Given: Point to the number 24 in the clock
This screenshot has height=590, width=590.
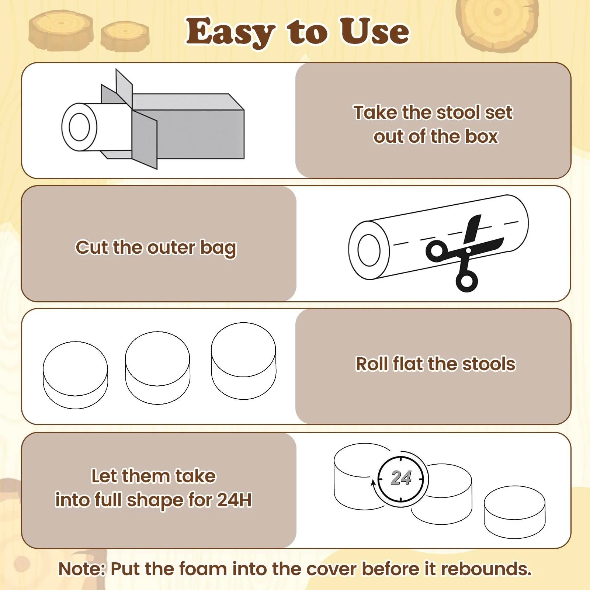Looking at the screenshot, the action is coord(401,478).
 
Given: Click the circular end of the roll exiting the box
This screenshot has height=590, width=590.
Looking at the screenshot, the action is coord(79,127).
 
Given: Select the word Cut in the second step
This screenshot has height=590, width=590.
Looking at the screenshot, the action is coord(92,247).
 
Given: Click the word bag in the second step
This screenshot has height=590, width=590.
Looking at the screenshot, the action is coord(218,249).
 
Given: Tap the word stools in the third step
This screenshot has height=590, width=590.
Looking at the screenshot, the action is coord(489,364).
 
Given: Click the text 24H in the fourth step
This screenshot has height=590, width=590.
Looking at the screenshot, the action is coord(235,500).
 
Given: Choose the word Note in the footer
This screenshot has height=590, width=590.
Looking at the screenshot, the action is coord(81,569).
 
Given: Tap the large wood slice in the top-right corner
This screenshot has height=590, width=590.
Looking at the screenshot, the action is coord(497,23).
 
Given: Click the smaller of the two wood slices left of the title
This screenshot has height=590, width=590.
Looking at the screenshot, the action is coord(125,36).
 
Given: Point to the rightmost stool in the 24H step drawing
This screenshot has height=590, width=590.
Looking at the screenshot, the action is coord(514,512).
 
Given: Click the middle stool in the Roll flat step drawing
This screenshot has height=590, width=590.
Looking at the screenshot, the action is coord(158,368).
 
